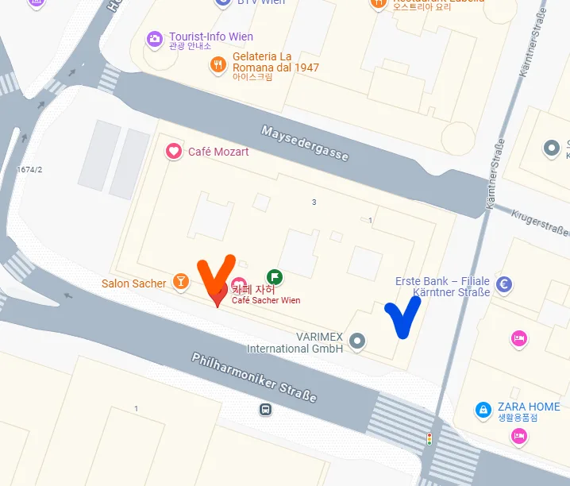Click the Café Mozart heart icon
[172, 151]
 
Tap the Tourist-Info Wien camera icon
[155, 38]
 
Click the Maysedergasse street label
[305, 142]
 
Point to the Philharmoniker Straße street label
[254, 377]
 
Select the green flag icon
[275, 277]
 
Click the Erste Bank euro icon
[503, 284]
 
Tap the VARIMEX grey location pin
[357, 341]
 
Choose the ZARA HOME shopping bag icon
[482, 410]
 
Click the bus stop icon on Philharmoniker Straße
[264, 410]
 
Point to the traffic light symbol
[429, 438]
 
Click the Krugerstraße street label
[540, 223]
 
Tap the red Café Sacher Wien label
[266, 300]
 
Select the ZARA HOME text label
[529, 407]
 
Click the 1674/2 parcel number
[29, 169]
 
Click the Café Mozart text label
[218, 152]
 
